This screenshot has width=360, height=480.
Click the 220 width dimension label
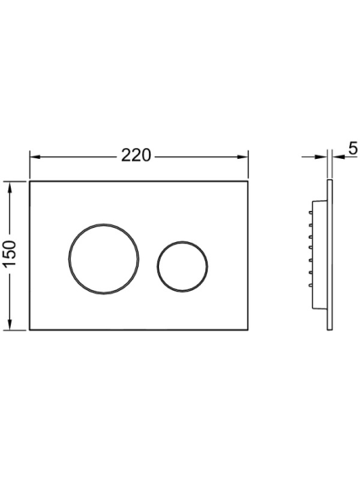pos(136,156)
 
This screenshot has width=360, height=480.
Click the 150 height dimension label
pos(10,254)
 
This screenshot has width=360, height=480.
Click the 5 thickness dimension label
pos(353,149)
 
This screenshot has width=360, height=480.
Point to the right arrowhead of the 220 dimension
pos(242,157)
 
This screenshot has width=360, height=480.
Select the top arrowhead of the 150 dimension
pos(10,187)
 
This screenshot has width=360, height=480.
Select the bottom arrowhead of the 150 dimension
pos(10,324)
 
